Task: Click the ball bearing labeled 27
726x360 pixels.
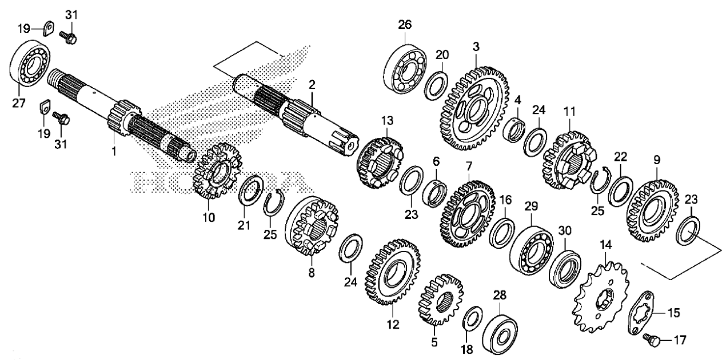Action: (30, 63)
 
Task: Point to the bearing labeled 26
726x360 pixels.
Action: (405, 69)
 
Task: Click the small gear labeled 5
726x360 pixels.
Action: (440, 300)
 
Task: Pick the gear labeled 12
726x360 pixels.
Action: (392, 273)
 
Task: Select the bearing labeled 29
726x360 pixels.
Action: (531, 250)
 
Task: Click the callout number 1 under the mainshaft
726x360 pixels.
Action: (113, 151)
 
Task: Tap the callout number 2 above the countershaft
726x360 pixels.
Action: (312, 85)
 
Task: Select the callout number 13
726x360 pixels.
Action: (387, 121)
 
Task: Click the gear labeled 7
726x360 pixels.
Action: (468, 214)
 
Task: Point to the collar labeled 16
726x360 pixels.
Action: (502, 233)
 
